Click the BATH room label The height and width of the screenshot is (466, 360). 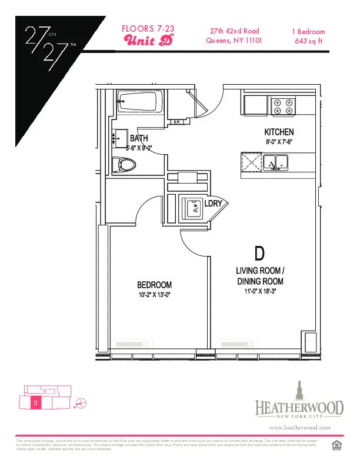(139, 139)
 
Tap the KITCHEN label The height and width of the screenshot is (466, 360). (279, 132)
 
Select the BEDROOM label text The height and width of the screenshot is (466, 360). (155, 285)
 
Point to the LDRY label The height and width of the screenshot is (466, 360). (212, 204)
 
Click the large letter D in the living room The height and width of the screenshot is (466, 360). (259, 254)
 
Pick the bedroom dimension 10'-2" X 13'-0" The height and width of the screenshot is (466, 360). (155, 295)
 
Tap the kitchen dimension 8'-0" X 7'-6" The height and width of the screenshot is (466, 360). (279, 142)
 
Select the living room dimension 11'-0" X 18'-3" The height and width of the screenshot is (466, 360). (259, 291)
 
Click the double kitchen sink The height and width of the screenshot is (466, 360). (275, 161)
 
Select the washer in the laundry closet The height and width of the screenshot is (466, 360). (192, 207)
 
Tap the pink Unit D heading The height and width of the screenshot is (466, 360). (148, 39)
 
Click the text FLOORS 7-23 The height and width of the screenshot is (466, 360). (148, 28)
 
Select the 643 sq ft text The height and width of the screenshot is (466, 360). (308, 41)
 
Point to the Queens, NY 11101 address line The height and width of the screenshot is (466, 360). (234, 41)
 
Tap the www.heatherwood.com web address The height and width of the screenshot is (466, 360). (299, 428)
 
